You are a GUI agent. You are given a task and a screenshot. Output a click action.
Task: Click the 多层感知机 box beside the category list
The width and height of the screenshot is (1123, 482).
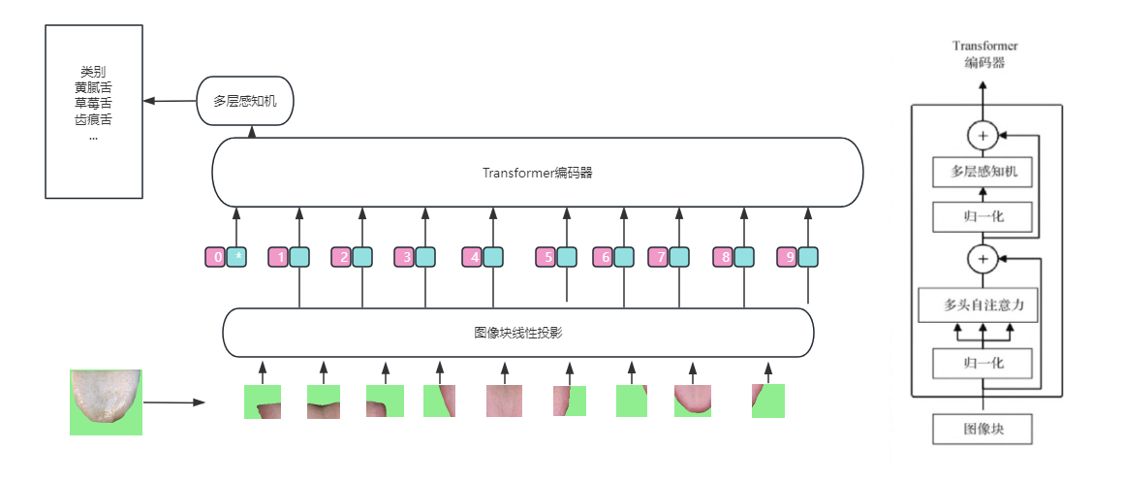tap(244, 101)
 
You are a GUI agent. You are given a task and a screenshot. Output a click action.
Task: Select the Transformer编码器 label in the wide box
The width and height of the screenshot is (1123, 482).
tap(537, 173)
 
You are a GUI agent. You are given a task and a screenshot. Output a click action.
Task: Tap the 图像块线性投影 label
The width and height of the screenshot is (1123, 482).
tap(518, 333)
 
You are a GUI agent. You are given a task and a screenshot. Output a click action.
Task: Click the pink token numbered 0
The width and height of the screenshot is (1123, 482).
tap(215, 257)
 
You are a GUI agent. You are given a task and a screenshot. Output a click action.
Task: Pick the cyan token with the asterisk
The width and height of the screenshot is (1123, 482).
tap(237, 257)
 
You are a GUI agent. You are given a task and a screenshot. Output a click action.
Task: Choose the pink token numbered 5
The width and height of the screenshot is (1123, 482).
tap(546, 257)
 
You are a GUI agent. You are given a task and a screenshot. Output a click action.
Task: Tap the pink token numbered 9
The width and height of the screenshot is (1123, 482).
tap(787, 257)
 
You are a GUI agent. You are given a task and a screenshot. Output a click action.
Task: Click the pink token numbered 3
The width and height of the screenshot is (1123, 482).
tap(404, 257)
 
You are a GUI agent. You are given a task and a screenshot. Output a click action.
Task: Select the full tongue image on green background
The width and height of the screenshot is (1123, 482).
tap(106, 402)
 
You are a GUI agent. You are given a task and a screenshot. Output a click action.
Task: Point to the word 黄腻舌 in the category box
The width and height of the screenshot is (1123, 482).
tap(93, 87)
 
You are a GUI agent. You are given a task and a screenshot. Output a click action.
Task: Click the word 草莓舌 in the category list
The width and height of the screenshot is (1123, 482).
tap(93, 103)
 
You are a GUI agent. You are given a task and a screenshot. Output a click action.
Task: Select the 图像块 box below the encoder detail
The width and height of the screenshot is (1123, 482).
tap(983, 427)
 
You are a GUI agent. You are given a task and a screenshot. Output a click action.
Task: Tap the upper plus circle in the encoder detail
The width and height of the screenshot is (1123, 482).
tap(983, 137)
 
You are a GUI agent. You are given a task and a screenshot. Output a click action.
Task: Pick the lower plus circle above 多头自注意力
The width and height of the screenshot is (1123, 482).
tap(983, 259)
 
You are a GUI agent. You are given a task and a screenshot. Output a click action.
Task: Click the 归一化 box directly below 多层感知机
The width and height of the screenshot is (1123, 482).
tap(983, 216)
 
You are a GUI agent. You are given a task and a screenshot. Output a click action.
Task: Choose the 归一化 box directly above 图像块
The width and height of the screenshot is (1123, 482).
tap(983, 365)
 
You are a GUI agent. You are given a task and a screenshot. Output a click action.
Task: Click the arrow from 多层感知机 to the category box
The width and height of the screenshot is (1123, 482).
tap(171, 100)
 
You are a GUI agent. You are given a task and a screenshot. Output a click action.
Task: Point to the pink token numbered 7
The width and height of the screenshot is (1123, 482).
tap(658, 257)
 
